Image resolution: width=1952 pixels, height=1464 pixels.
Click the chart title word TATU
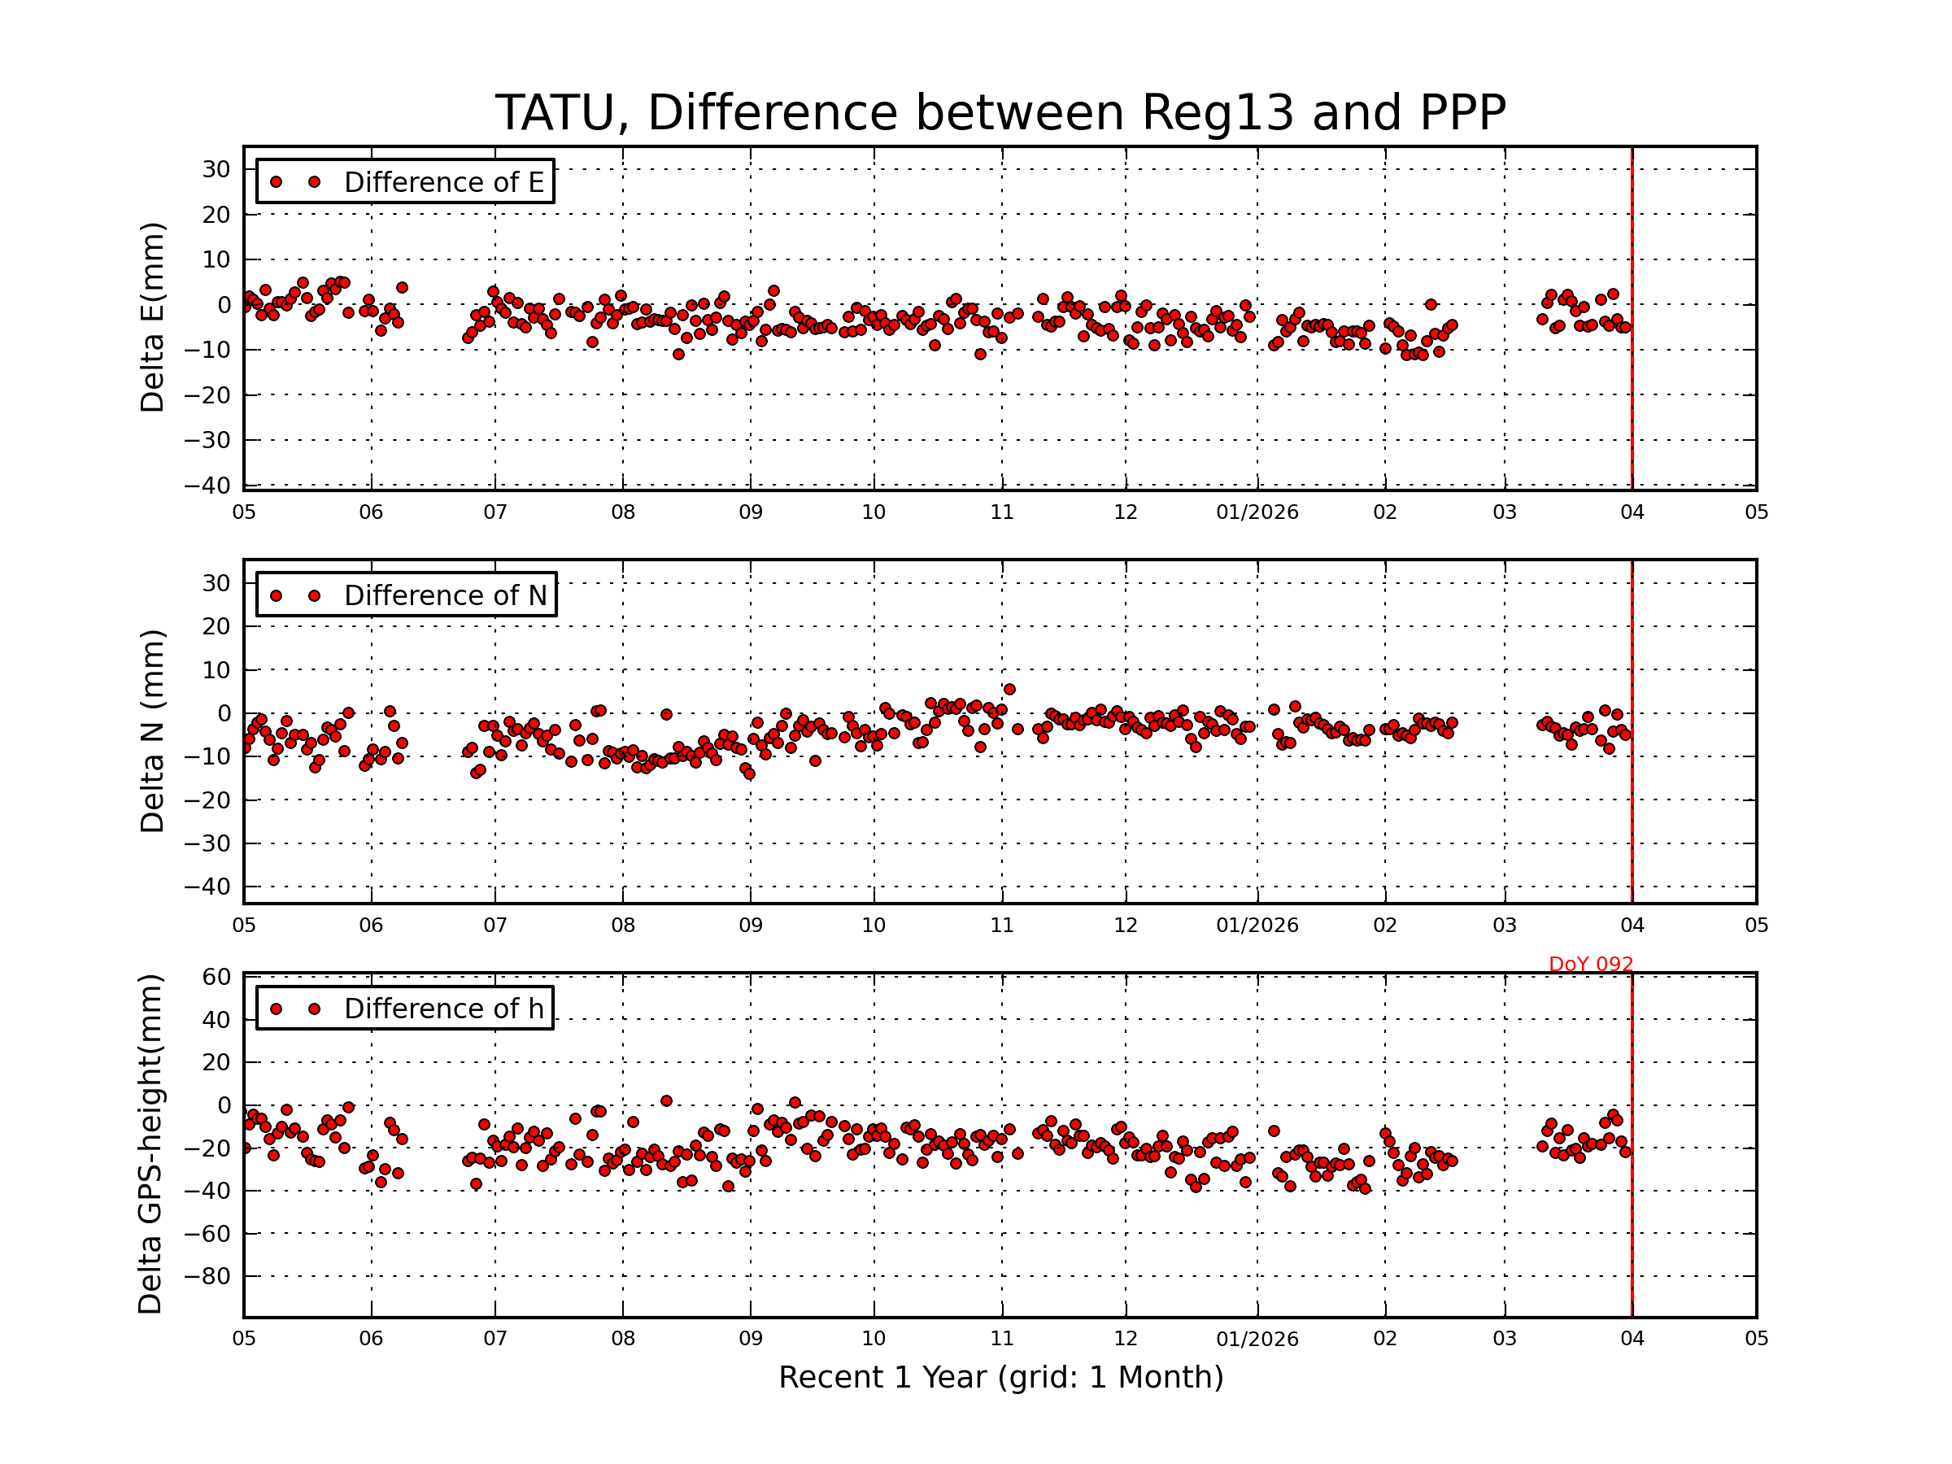click(562, 113)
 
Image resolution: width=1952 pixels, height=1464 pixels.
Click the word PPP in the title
click(1462, 113)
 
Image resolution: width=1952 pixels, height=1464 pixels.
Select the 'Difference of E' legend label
click(443, 182)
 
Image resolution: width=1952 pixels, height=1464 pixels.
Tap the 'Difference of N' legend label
click(445, 595)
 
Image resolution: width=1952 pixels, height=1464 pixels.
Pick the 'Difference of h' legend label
click(443, 1009)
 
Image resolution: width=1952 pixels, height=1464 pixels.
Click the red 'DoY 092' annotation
click(1590, 965)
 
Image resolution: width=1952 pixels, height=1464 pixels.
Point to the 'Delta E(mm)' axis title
click(153, 318)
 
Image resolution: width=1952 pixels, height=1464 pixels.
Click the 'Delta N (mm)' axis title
click(153, 730)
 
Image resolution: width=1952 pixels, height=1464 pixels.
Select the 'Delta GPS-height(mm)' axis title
click(151, 1144)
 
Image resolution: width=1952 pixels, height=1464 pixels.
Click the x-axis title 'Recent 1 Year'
click(1000, 1377)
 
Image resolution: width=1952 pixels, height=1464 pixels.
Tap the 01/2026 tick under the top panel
click(1257, 512)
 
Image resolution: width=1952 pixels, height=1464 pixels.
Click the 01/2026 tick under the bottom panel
click(1257, 1339)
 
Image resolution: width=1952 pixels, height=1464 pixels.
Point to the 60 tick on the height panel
click(217, 977)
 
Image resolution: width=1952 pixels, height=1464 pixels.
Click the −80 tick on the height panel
click(208, 1277)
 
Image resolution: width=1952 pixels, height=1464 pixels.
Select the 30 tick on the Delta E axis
click(216, 169)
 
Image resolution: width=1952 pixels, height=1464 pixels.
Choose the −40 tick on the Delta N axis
click(208, 886)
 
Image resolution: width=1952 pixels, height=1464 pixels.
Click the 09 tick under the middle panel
click(750, 926)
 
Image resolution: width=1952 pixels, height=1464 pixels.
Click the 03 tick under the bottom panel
click(1504, 1339)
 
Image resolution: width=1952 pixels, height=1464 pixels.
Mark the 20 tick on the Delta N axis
click(216, 626)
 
